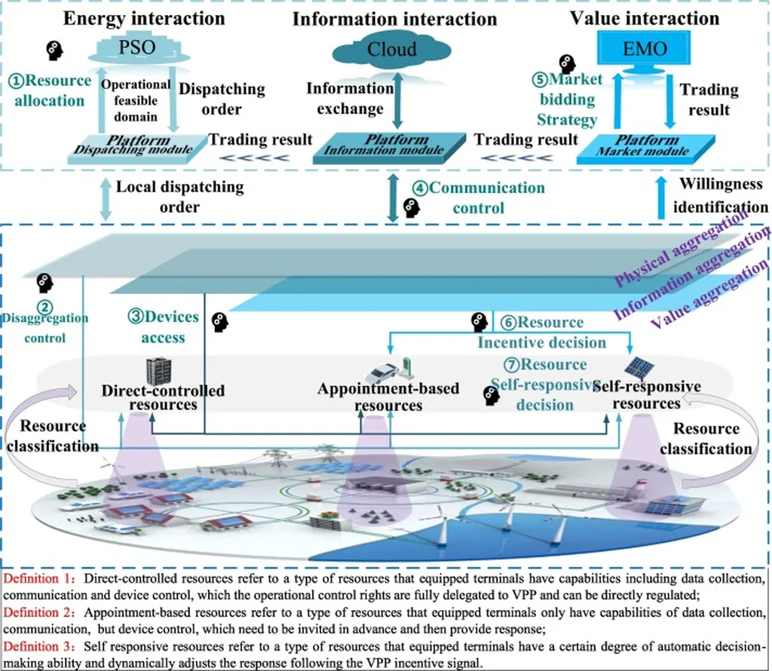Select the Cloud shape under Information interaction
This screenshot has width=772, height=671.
(391, 50)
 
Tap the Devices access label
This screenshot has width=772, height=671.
(163, 326)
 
